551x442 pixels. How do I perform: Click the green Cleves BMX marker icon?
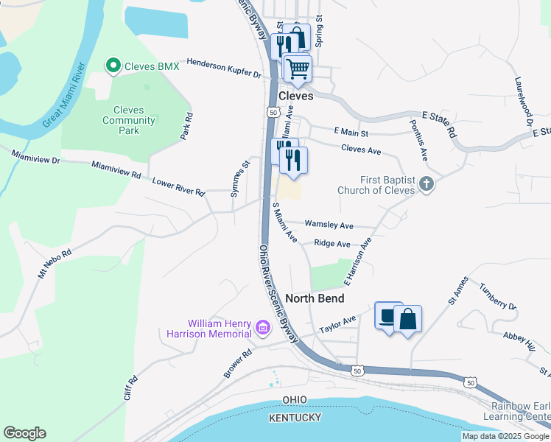click(113, 66)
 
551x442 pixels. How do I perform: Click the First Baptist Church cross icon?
click(427, 184)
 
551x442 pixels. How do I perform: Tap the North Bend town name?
click(315, 298)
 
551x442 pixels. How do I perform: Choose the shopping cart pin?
click(298, 68)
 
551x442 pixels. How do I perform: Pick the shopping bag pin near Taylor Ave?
click(407, 320)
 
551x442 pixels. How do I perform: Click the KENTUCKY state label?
click(296, 418)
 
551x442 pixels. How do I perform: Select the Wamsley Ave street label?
click(329, 225)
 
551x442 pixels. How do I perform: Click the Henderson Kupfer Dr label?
click(224, 69)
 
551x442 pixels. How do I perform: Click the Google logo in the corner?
click(24, 432)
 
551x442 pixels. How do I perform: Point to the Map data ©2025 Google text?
click(505, 436)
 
